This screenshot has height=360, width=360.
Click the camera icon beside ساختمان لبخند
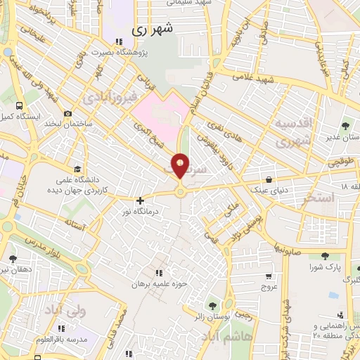point(67,113)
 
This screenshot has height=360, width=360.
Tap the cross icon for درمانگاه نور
point(140,200)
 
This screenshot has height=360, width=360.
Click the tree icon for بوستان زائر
point(211,305)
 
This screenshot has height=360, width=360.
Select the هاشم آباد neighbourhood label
point(223,338)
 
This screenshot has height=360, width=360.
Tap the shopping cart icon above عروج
point(269,276)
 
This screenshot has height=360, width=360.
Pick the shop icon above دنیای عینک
point(269,178)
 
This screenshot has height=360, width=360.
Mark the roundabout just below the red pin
point(181,191)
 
